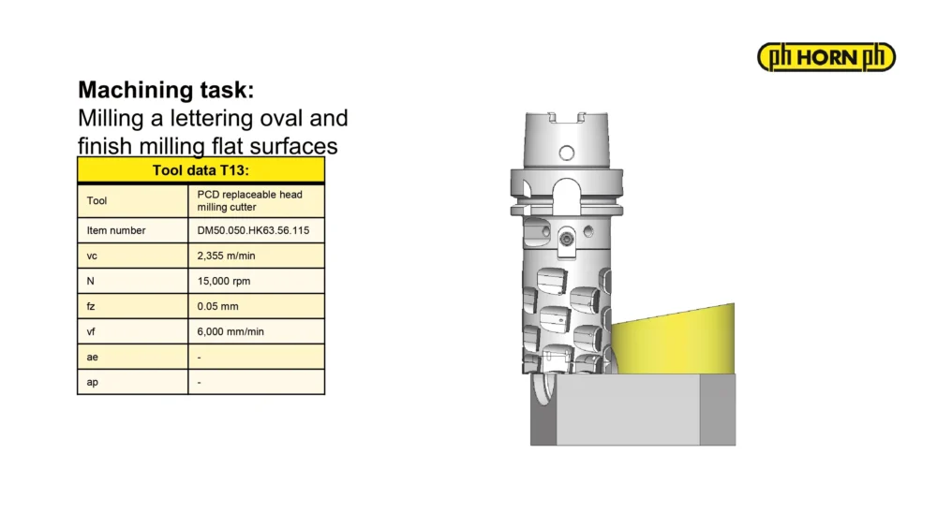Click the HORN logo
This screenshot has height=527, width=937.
point(825,57)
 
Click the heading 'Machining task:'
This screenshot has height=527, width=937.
point(166,90)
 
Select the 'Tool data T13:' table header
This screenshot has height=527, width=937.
point(201,170)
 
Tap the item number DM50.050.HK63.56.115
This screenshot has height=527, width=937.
point(253,230)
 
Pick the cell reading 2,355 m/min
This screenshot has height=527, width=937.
point(226,256)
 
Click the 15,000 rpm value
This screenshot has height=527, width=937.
point(224,281)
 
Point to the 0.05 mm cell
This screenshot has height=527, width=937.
point(217,306)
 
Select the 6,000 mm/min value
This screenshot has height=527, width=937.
point(231,332)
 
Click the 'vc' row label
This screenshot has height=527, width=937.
point(92,256)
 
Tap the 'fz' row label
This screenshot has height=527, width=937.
point(91,306)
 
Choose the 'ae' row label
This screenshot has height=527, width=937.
point(92,357)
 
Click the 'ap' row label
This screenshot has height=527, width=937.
point(92,383)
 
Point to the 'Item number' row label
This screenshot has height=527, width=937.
point(116,230)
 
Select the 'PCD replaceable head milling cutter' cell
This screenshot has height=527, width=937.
point(250,200)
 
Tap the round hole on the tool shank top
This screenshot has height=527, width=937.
point(567,153)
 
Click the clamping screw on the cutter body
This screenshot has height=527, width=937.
point(567,240)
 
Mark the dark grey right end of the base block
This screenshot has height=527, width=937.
point(718,409)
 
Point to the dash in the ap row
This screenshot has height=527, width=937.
point(199,383)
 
